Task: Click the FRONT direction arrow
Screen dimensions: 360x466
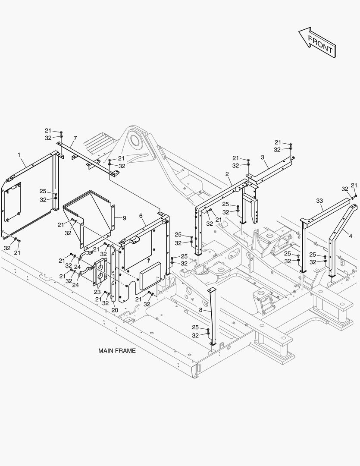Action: [x=317, y=42]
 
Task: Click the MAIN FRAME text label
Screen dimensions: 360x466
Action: [x=117, y=351]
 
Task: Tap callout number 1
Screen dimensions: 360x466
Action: [x=19, y=155]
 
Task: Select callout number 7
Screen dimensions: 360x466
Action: [x=75, y=138]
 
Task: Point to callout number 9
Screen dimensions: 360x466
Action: [x=124, y=218]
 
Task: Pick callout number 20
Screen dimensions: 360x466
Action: [x=115, y=310]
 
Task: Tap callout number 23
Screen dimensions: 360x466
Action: [x=97, y=292]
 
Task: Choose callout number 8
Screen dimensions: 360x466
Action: [x=201, y=310]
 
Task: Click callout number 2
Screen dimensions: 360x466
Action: [x=227, y=174]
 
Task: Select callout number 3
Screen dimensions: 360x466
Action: [x=263, y=157]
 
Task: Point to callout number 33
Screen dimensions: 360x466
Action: [x=319, y=201]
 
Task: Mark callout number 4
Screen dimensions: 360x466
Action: [x=351, y=236]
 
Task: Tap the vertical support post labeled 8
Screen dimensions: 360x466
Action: [x=212, y=317]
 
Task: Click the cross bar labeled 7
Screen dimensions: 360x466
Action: [x=86, y=158]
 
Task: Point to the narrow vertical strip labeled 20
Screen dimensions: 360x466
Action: [x=113, y=273]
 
